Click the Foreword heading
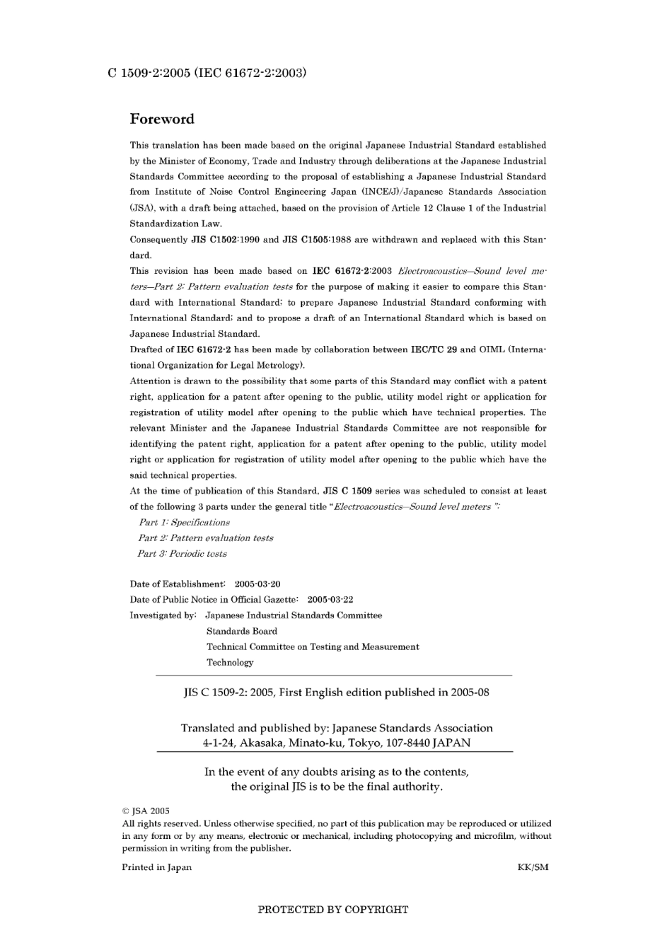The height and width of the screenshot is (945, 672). [162, 119]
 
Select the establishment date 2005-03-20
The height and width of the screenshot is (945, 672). [257, 584]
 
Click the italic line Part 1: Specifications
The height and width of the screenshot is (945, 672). [184, 523]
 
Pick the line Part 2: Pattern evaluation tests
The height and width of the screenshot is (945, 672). [206, 538]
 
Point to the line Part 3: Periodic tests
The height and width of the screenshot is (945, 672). [183, 554]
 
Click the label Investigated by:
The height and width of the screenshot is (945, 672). [163, 615]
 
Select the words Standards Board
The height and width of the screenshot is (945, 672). [242, 631]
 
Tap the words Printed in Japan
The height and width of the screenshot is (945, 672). [156, 867]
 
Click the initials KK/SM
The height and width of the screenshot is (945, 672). [533, 867]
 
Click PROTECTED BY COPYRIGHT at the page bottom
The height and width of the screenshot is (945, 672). [332, 910]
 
